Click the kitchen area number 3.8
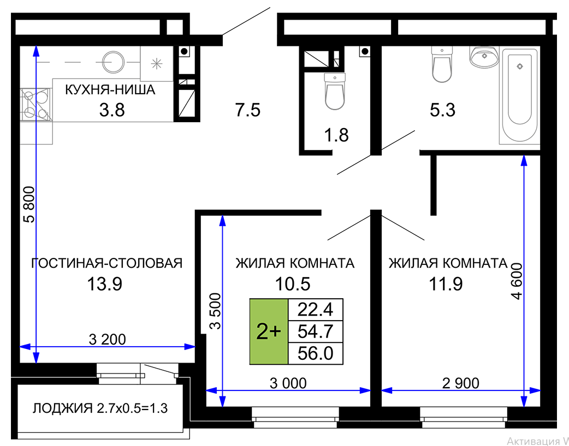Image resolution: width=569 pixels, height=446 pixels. tap(112, 110)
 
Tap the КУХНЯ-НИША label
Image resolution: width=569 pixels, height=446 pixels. tap(110, 89)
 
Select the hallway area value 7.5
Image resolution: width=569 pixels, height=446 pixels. tap(248, 110)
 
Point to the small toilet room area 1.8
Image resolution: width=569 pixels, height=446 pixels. tap(336, 135)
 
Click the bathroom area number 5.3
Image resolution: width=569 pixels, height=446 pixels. tap(443, 110)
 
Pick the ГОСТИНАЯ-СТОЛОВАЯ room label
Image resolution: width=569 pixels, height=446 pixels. tap(106, 263)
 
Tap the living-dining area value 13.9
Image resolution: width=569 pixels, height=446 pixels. tap(105, 284)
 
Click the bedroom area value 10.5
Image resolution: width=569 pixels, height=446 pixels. tap(293, 284)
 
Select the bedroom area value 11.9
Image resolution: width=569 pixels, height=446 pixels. tap(446, 284)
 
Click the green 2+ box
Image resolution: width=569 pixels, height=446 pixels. tap(269, 332)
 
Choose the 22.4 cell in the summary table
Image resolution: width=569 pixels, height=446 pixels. tap(315, 310)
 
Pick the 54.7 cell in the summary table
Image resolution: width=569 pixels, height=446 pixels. tap(315, 331)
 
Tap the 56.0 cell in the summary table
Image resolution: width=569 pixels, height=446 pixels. tap(315, 353)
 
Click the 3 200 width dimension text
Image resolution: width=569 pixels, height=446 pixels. tap(108, 340)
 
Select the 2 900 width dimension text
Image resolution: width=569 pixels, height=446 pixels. tap(460, 383)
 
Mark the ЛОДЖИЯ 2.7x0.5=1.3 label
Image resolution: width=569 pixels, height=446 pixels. tap(100, 408)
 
